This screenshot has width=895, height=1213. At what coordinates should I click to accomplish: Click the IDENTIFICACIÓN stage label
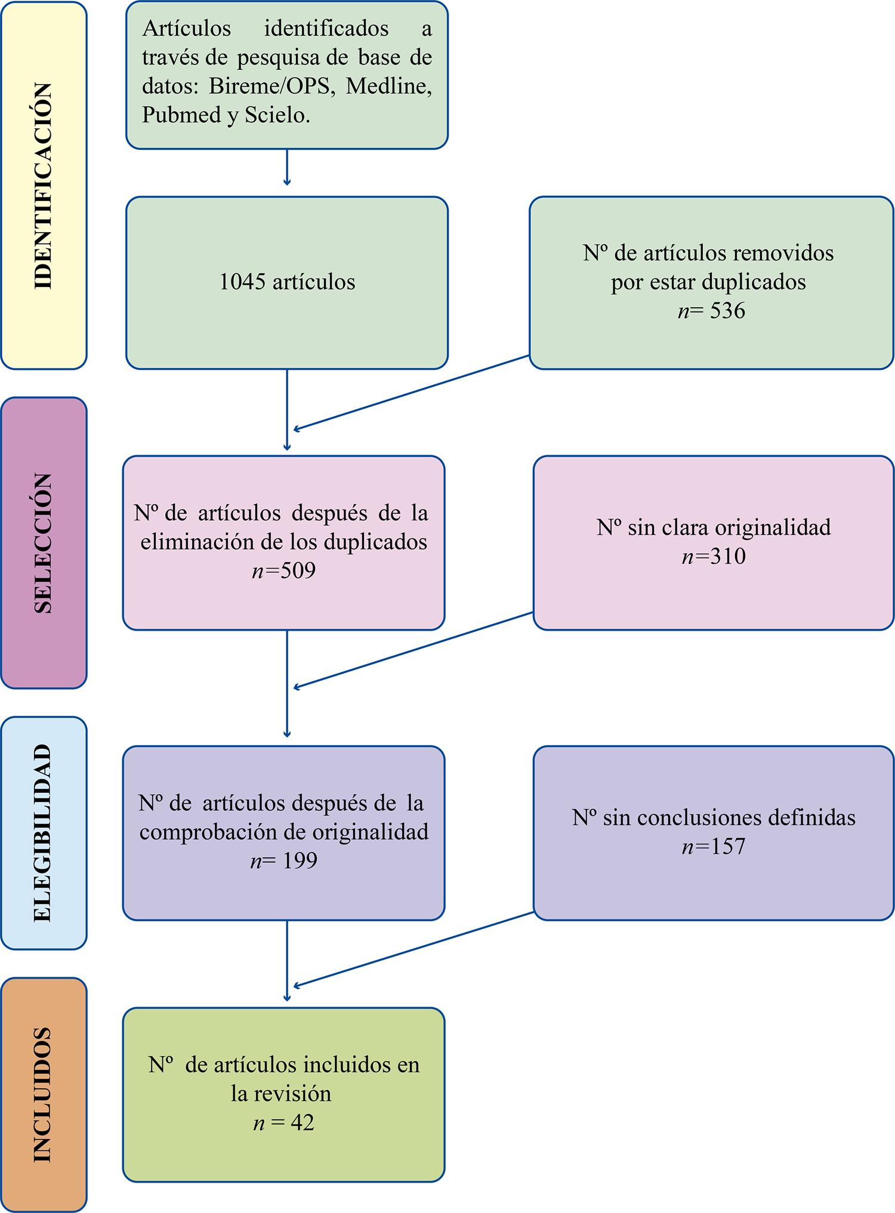click(43, 186)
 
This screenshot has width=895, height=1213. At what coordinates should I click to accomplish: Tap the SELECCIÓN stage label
click(43, 543)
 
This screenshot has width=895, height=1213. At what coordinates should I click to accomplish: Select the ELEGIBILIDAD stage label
click(43, 833)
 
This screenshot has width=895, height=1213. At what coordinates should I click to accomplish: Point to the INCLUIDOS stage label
click(43, 1094)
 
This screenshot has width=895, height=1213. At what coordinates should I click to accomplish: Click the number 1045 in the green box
click(242, 282)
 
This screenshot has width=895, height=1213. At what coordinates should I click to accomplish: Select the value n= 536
click(711, 311)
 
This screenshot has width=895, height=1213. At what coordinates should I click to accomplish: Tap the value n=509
click(283, 571)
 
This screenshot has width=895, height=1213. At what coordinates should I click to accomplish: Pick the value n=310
click(714, 556)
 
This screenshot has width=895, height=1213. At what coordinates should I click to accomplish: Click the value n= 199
click(283, 861)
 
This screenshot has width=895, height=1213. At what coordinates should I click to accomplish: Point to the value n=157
click(714, 846)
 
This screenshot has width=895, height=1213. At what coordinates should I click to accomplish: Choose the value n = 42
click(283, 1123)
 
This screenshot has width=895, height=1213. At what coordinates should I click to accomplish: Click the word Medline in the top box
click(389, 86)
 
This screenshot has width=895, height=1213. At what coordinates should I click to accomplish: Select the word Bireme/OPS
click(269, 86)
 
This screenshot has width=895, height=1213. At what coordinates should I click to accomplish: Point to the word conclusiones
click(698, 817)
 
